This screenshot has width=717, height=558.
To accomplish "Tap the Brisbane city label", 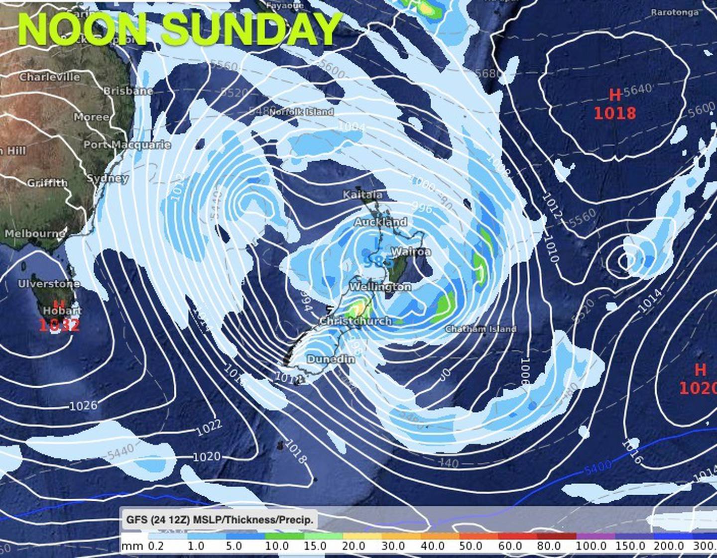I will click(x=128, y=91).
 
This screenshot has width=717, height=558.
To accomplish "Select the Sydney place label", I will click(x=108, y=178).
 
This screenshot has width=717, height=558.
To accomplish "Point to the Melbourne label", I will click(x=35, y=233).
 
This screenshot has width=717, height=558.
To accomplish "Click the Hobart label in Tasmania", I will click(x=62, y=311).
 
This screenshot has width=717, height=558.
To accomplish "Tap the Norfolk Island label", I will click(x=301, y=112).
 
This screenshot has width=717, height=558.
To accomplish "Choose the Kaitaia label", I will click(x=362, y=195).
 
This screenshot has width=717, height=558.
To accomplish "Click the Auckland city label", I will click(x=380, y=222).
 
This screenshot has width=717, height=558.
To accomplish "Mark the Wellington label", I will click(x=380, y=287).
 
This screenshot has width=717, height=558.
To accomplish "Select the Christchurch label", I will click(x=356, y=321).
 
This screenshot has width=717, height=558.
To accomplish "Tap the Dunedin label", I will click(x=331, y=359).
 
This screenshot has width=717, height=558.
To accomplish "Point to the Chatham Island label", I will click(x=480, y=329).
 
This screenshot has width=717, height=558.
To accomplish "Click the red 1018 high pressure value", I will click(x=615, y=113).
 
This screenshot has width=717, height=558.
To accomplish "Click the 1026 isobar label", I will click(x=83, y=406).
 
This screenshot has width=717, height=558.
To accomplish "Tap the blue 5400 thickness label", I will click(x=597, y=467).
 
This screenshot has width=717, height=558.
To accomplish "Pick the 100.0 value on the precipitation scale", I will click(x=591, y=546).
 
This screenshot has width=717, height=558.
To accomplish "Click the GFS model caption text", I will click(x=220, y=520).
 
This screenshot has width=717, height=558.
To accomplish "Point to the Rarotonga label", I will click(x=674, y=12).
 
